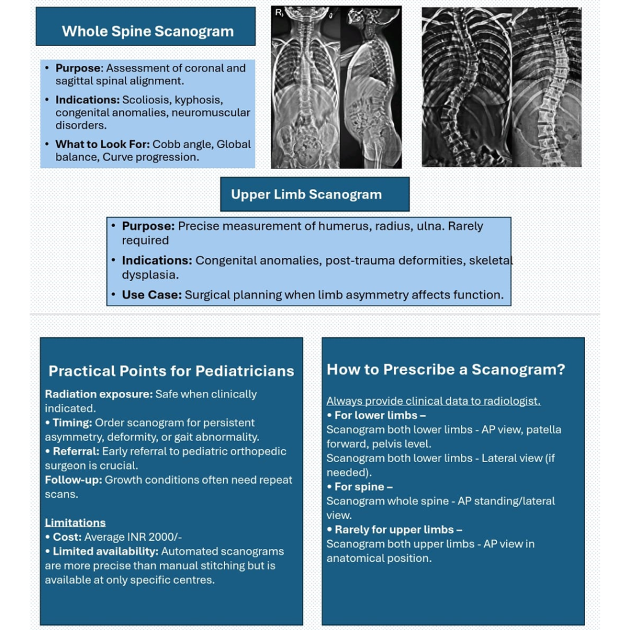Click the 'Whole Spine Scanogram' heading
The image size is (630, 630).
148,31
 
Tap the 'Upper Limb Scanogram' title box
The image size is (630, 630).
306,194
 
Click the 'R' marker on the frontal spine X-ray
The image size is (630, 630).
279,12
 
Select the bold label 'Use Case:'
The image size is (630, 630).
151,295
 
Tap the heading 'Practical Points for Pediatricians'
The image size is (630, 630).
171,371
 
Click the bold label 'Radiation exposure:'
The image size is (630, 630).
98,394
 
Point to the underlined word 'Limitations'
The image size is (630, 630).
75,522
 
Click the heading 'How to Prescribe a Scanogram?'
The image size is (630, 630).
445,369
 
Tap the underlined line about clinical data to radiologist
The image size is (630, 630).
433,401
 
